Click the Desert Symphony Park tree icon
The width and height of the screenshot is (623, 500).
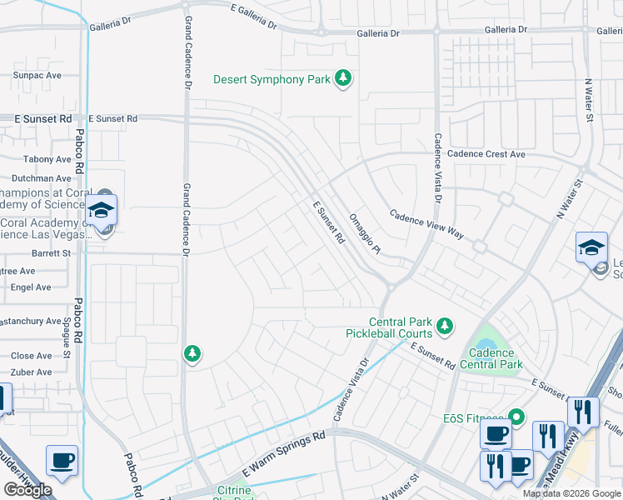point(342,79)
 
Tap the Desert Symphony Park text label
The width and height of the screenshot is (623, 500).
point(272,80)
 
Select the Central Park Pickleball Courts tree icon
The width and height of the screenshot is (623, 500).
point(446,325)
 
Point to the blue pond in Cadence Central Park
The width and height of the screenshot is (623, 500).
point(485,344)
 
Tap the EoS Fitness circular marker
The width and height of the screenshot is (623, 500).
point(516,415)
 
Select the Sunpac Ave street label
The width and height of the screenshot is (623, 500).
point(37,75)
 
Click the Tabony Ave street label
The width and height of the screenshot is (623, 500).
point(47,159)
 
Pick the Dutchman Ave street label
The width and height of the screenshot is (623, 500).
point(41,178)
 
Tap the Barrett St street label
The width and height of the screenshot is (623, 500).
point(52,252)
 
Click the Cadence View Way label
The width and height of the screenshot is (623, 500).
point(426,223)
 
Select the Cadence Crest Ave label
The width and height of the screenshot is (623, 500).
point(486,154)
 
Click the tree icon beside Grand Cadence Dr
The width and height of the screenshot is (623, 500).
point(192,353)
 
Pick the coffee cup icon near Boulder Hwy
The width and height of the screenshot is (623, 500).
point(62,460)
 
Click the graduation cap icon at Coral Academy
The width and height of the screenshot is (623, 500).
point(101,211)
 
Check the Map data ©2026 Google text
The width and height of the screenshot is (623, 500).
point(571,493)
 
